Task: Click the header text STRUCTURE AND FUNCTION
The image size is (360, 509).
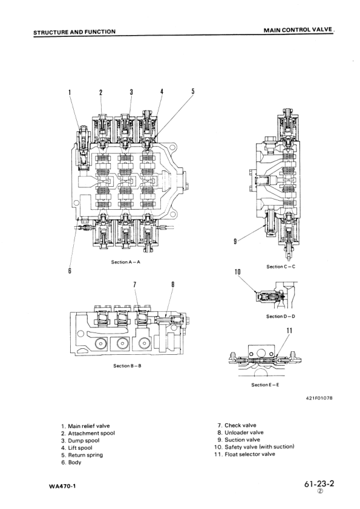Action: point(74,32)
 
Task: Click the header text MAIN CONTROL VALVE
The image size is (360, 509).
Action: point(298,30)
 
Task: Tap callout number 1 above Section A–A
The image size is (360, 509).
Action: point(69,92)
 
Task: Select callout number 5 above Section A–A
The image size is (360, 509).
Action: point(192,91)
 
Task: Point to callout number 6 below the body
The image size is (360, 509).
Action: point(70,270)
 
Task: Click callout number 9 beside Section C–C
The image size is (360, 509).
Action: point(235,241)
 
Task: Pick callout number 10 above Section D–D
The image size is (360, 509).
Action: point(238,271)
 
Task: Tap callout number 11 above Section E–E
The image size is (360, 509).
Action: point(289,331)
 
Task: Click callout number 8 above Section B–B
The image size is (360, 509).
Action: point(173,285)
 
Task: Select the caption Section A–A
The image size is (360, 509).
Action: point(126,262)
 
